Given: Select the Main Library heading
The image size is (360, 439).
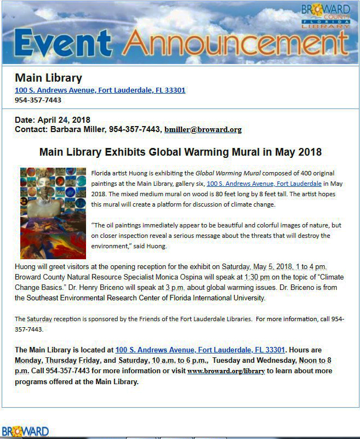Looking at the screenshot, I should click(48, 78).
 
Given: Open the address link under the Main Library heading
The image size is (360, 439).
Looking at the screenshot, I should click(100, 90).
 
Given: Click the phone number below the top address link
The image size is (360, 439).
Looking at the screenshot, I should click(38, 100).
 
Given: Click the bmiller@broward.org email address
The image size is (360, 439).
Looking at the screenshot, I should click(203, 130).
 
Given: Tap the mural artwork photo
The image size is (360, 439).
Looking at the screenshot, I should click(53, 213).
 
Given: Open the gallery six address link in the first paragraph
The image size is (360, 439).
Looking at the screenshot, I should click(264, 184).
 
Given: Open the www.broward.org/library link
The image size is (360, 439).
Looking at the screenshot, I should click(226, 371).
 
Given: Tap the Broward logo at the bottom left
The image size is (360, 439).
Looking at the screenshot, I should click(25, 431).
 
